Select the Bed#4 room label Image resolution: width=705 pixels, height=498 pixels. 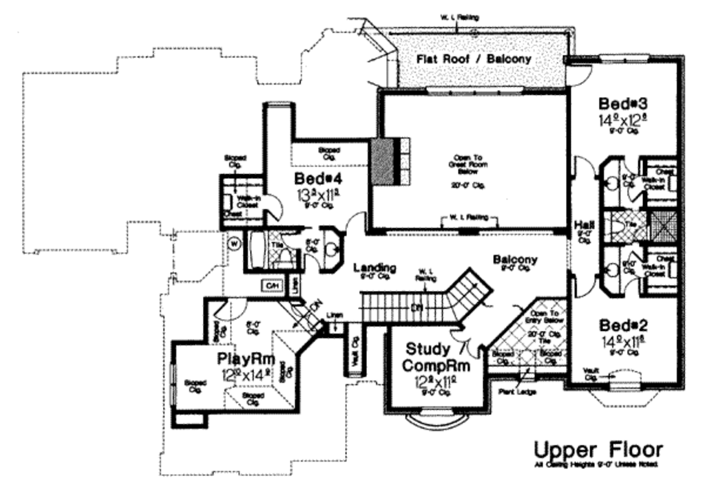click(x=315, y=180)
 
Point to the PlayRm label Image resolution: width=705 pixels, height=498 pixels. click(x=246, y=358)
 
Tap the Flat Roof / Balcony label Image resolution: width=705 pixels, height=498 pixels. click(x=474, y=59)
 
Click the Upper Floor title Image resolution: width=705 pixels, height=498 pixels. click(x=599, y=450)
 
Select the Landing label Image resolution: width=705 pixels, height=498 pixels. click(x=375, y=267)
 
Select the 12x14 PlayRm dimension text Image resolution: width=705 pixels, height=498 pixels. click(x=246, y=376)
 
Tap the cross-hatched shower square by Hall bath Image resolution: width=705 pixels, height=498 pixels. click(x=664, y=225)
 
